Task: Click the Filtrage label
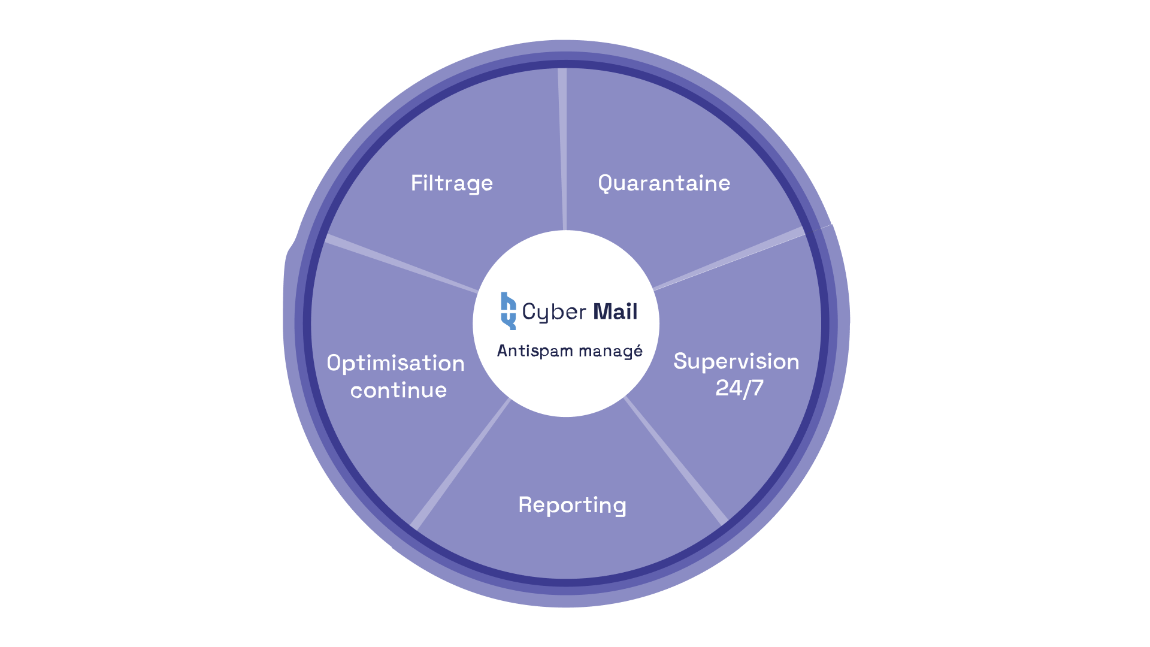[x=452, y=183]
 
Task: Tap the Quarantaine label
[x=664, y=183]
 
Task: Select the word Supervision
[x=736, y=362]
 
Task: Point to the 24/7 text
[x=740, y=388]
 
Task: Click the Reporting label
[x=572, y=505]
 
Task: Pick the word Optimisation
[x=395, y=364]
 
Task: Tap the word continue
[x=398, y=391]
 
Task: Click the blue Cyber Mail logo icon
[x=508, y=311]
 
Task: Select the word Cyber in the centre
[x=554, y=312]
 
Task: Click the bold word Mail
[x=615, y=312]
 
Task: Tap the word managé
[x=611, y=351]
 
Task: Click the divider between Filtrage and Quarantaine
[x=563, y=150]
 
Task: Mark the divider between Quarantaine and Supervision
[x=731, y=259]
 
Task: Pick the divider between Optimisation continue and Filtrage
[x=401, y=264]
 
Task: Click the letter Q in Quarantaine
[x=606, y=183]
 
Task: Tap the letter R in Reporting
[x=525, y=504]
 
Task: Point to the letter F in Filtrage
[x=416, y=183]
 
